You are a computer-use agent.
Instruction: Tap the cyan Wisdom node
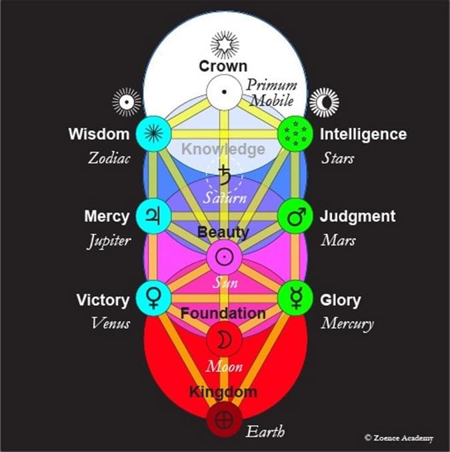pyautogui.click(x=154, y=133)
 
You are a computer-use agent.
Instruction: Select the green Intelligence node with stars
pyautogui.click(x=295, y=133)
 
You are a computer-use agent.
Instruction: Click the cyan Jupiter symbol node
pyautogui.click(x=154, y=216)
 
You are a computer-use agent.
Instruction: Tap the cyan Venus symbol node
pyautogui.click(x=154, y=298)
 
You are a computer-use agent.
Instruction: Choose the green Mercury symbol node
pyautogui.click(x=295, y=298)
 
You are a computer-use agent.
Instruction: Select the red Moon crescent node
pyautogui.click(x=225, y=339)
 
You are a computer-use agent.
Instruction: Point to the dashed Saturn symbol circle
pyautogui.click(x=225, y=175)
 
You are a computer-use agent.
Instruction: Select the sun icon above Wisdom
pyautogui.click(x=125, y=102)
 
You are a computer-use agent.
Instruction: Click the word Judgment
pyautogui.click(x=357, y=217)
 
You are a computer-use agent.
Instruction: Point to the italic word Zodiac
pyautogui.click(x=107, y=159)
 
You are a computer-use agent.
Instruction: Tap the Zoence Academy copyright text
pyautogui.click(x=399, y=438)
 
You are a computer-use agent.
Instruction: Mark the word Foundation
pyautogui.click(x=224, y=313)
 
